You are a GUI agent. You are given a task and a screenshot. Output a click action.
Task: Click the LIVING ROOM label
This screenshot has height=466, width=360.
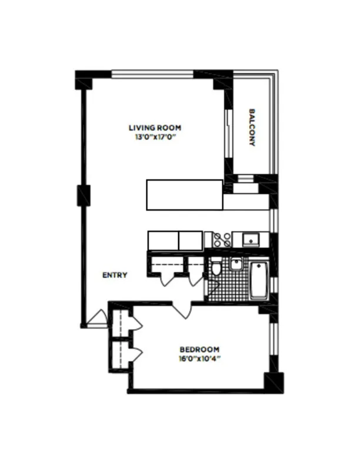point(155,128)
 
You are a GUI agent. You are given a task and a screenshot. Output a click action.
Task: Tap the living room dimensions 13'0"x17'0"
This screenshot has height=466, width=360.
point(155,137)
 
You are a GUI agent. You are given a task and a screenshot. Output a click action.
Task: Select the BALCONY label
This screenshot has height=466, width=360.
point(252,126)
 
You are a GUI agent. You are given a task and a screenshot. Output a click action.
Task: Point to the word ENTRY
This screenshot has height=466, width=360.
point(115,275)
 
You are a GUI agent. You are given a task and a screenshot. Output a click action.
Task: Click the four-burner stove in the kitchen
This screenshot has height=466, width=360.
point(222,239)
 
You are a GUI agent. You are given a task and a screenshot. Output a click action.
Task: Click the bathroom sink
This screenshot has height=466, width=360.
point(236,264)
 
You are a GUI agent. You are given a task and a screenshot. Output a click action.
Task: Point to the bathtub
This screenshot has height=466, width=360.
point(259,281)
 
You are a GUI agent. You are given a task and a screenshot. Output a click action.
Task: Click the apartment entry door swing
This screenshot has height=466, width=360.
point(94,319)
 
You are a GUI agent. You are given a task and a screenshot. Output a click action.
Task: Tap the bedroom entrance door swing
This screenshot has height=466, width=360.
point(183,310)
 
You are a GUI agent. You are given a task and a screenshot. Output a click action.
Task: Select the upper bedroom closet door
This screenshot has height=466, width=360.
point(135,323)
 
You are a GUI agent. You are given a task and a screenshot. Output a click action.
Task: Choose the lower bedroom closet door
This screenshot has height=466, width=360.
point(135,354)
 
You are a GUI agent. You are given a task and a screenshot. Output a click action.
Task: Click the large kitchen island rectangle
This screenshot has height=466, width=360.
point(184,195)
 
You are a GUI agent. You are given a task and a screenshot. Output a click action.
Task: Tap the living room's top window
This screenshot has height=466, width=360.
point(153,74)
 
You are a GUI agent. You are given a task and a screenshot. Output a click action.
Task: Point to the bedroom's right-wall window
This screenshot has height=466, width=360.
point(271,345)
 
